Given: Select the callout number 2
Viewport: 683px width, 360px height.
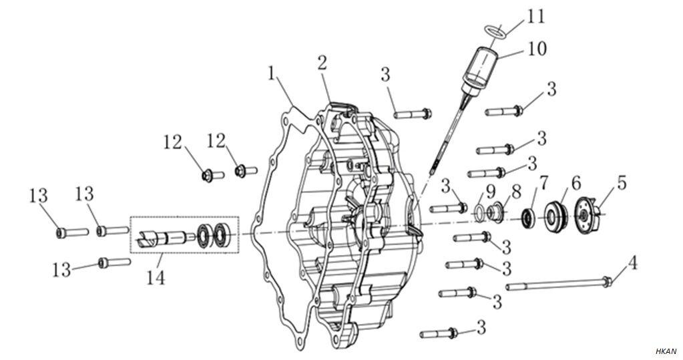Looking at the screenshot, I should [322, 63].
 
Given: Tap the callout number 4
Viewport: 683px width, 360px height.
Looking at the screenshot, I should [632, 262].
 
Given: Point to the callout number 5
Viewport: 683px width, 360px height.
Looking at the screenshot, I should [622, 183].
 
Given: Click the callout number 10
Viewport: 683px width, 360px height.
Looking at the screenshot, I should [537, 49].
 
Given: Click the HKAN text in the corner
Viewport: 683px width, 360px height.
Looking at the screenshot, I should [666, 351].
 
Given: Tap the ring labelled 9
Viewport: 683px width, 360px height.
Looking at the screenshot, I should [479, 212].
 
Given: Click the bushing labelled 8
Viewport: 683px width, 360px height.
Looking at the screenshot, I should [495, 213].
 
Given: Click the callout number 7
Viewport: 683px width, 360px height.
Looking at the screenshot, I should [543, 182].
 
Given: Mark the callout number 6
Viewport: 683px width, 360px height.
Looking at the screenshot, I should [575, 182].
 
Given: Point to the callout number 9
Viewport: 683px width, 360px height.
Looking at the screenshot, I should [491, 191].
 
